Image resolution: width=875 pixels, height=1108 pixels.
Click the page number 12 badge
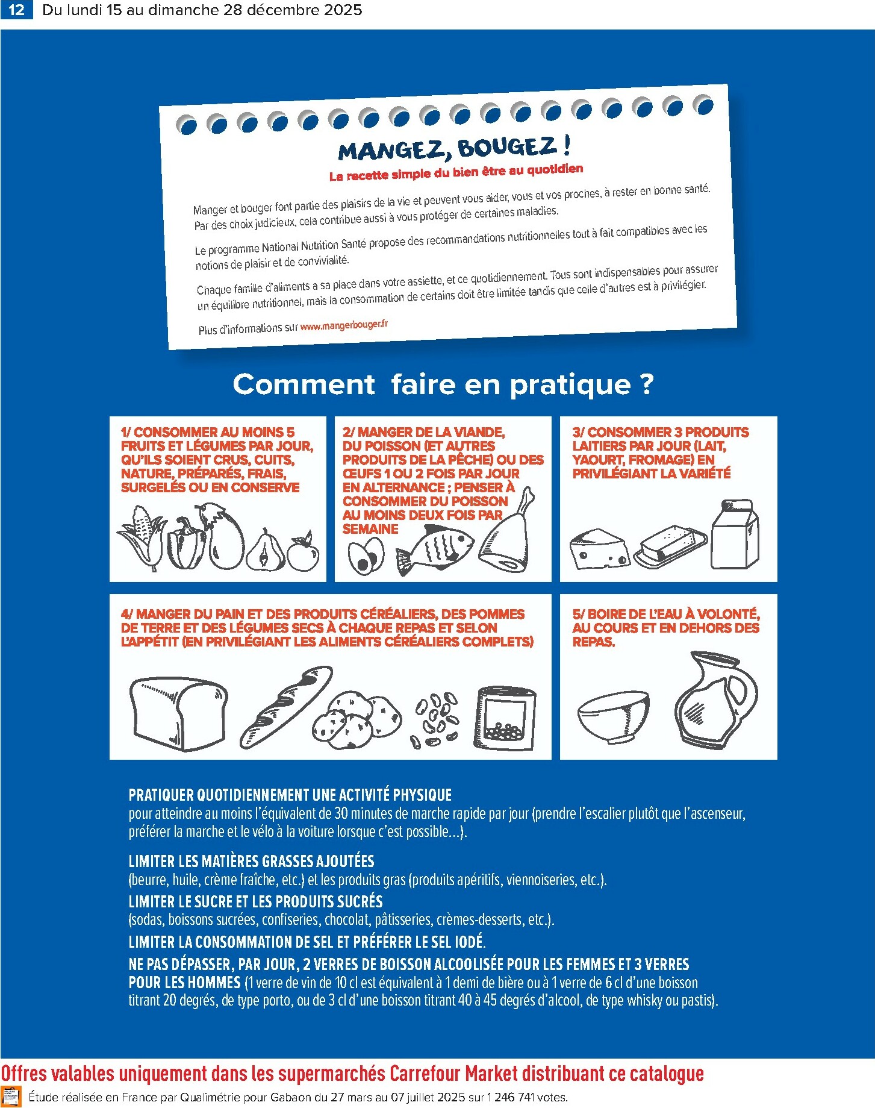17,10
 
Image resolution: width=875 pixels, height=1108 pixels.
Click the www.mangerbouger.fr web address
344,325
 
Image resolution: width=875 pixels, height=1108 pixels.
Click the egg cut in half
366,556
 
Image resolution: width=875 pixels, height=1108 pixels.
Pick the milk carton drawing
734,534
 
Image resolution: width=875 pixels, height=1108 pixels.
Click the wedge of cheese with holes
599,548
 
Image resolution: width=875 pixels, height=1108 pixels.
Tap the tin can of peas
505,717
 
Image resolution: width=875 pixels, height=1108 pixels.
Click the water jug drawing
715,700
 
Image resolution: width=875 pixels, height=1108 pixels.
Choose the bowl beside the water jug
613,717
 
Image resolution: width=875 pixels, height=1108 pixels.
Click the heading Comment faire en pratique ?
443,384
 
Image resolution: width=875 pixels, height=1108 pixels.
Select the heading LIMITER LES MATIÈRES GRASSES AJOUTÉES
251,862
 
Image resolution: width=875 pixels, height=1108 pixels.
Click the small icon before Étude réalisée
11,1097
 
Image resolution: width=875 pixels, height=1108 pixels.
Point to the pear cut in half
266,551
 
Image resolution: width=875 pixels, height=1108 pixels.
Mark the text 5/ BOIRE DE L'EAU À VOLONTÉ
666,614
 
